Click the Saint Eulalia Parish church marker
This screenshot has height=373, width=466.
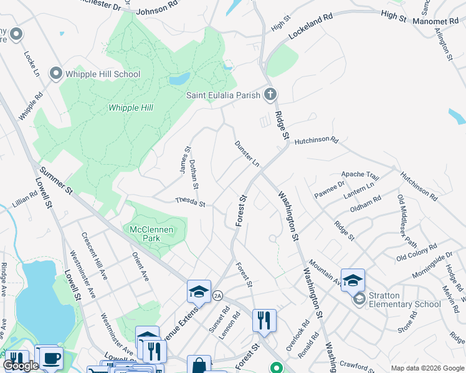pyautogui.click(x=270, y=95)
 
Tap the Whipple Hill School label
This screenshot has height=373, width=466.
pyautogui.click(x=103, y=74)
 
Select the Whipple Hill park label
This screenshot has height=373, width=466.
pyautogui.click(x=131, y=108)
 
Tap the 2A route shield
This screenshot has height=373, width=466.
pyautogui.click(x=218, y=295)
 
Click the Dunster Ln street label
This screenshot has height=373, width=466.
pyautogui.click(x=247, y=154)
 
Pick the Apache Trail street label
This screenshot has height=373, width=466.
pyautogui.click(x=360, y=176)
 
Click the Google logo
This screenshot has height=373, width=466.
pyautogui.click(x=21, y=366)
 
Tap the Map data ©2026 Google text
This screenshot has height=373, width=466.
pyautogui.click(x=427, y=368)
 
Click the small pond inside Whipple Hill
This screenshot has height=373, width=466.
pyautogui.click(x=179, y=80)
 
